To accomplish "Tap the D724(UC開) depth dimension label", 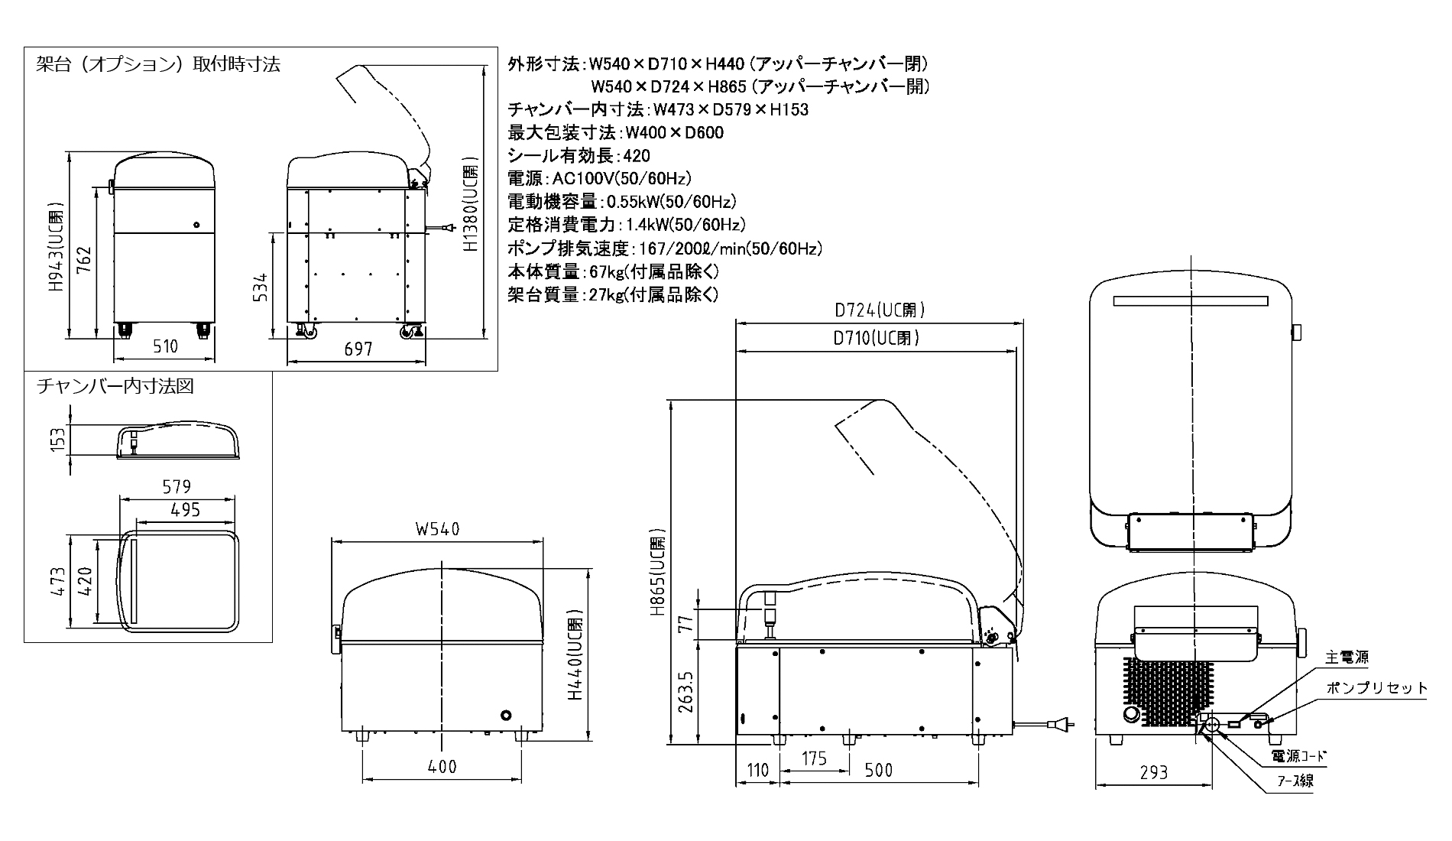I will (x=880, y=310).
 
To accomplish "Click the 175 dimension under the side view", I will (x=815, y=758).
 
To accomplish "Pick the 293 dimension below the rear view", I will (x=1153, y=773).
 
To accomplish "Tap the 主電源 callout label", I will (x=1347, y=658).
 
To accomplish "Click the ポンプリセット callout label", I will (x=1377, y=688).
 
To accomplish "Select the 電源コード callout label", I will (x=1298, y=756).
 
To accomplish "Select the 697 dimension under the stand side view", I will (x=358, y=349).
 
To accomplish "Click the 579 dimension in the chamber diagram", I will (x=177, y=486).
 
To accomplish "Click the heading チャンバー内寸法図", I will (x=115, y=387).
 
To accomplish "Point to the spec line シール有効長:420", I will (x=579, y=156).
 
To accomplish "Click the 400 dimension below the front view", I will (x=442, y=766).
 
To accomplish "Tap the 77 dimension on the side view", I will (x=685, y=624).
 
